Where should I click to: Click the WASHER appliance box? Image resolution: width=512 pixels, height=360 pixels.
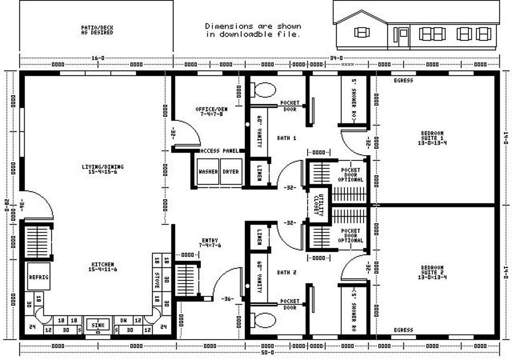click(208, 171)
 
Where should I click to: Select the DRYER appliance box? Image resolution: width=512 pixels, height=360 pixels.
click(231, 171)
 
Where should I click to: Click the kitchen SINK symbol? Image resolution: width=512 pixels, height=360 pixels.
click(98, 326)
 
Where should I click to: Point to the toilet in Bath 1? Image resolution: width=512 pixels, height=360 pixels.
click(265, 90)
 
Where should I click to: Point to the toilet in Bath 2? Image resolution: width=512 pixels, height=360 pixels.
click(265, 320)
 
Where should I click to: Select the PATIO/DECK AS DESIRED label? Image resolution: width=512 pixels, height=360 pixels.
click(97, 30)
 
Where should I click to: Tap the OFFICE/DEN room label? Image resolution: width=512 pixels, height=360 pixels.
click(211, 111)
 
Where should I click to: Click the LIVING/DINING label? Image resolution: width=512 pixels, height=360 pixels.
click(102, 169)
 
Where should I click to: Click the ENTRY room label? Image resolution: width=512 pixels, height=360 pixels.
click(210, 243)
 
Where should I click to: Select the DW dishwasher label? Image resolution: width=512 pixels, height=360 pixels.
click(123, 320)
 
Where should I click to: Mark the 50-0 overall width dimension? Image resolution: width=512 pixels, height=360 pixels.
click(267, 353)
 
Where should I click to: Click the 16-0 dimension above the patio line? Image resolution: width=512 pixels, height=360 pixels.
click(98, 58)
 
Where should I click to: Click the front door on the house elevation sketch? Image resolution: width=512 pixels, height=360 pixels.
click(403, 37)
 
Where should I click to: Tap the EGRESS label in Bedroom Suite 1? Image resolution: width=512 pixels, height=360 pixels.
click(403, 81)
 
